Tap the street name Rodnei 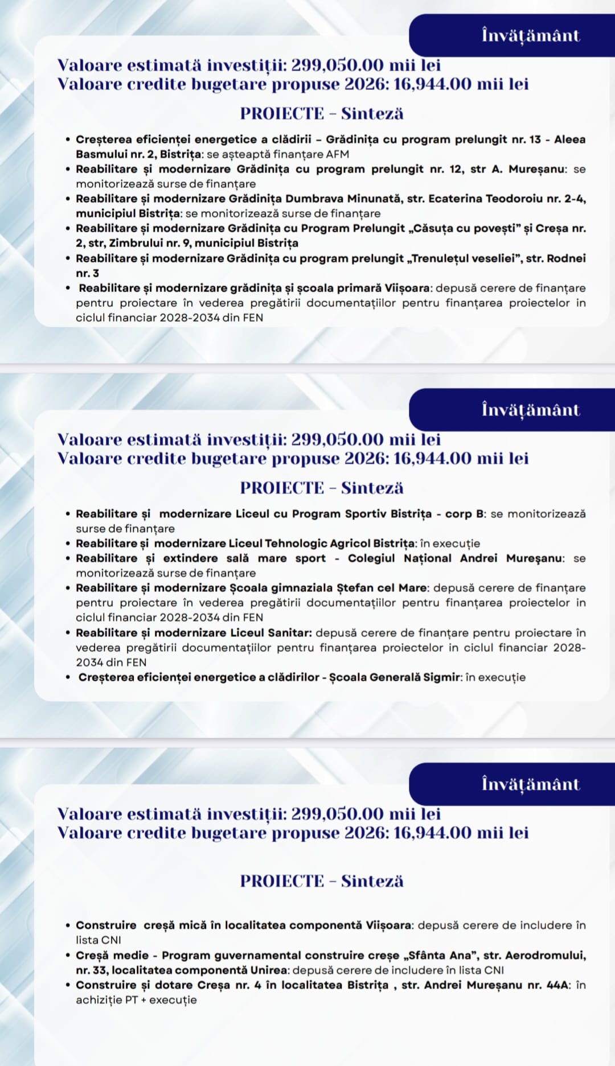566,258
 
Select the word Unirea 267,970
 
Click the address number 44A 556,985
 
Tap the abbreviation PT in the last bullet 131,1000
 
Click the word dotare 173,985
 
